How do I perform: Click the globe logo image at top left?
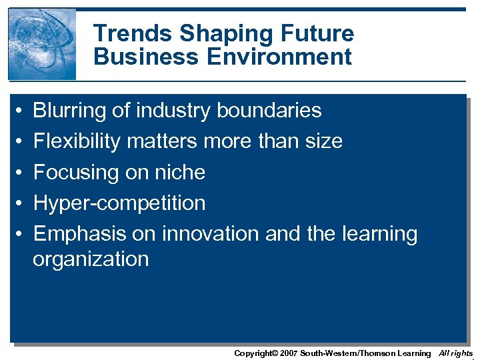coord(41,44)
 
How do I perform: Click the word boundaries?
coord(269,111)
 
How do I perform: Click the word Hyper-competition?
coord(119,203)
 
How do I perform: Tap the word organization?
coord(91,259)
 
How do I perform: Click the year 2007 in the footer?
coord(289,353)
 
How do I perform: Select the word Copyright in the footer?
coord(253,353)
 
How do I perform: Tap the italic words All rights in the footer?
coord(455,353)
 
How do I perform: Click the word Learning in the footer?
coord(414,353)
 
